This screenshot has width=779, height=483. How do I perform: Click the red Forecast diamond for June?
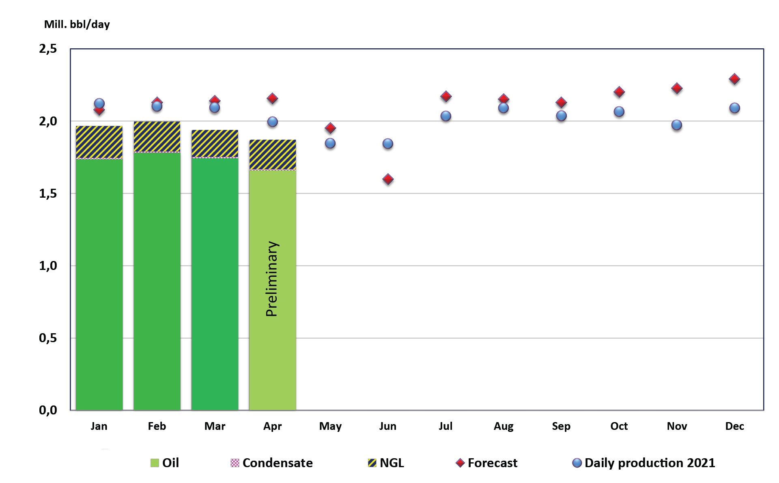click(388, 179)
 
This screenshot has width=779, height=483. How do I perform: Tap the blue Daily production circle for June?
click(388, 144)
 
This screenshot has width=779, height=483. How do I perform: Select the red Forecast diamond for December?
click(734, 79)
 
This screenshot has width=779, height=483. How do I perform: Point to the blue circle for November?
click(676, 125)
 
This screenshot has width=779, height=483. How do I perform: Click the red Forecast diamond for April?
click(272, 98)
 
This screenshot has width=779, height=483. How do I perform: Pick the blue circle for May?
click(330, 143)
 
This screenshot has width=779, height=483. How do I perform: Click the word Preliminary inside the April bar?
click(272, 279)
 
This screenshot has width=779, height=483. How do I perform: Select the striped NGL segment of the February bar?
click(157, 137)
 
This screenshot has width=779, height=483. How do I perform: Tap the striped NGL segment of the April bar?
click(272, 155)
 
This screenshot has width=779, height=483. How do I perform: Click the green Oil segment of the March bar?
click(215, 284)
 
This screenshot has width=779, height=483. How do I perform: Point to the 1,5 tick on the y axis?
click(48, 194)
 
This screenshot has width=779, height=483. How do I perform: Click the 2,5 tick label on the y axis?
click(48, 49)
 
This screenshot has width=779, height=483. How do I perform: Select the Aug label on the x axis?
click(504, 426)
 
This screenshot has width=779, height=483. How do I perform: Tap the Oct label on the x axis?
click(619, 426)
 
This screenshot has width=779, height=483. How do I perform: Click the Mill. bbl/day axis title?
click(77, 24)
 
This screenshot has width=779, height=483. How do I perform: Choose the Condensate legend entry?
click(271, 463)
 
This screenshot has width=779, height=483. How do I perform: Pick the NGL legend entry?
click(386, 463)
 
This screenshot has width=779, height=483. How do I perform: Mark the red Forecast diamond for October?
click(619, 92)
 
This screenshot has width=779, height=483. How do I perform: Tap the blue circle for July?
click(445, 116)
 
